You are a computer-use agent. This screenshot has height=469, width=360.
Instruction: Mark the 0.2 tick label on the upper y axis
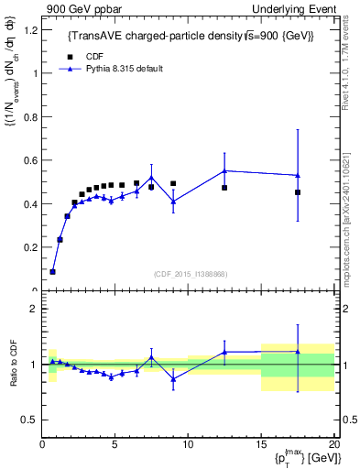(x=29, y=247)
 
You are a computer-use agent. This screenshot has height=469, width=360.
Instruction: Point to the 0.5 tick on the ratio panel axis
(x=29, y=420)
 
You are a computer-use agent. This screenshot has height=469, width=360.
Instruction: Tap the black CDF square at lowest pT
(x=52, y=271)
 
